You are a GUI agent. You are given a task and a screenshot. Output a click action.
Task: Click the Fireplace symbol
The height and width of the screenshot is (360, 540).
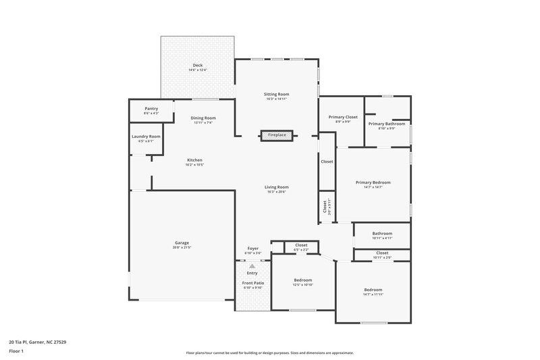(277, 135)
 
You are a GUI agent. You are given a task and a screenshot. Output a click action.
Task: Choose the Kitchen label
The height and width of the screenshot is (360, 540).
(195, 161)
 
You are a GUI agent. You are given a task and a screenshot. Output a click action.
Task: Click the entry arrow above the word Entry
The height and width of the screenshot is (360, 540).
(252, 265)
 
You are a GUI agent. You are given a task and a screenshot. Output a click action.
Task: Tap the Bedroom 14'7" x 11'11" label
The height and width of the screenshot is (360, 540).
(373, 291)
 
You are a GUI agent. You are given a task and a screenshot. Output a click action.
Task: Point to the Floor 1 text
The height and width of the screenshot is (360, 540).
(16, 352)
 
